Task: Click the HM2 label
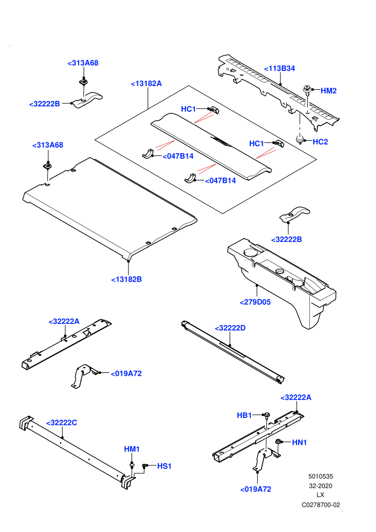329,91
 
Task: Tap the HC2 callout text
320,142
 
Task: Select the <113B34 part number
279,69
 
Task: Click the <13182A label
146,83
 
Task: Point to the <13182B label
126,279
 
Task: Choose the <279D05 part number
255,302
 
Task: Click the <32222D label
230,328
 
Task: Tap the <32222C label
61,423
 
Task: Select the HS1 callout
164,466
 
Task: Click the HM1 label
132,449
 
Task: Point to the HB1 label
244,415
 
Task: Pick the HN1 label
299,442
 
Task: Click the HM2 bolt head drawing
307,90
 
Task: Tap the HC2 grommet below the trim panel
300,139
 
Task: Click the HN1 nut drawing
278,442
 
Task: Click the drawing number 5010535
320,476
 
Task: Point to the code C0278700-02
321,505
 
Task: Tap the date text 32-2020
320,486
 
